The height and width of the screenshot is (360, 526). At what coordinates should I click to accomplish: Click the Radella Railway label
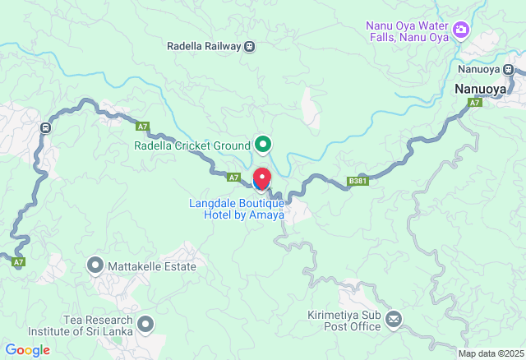pyautogui.click(x=204, y=47)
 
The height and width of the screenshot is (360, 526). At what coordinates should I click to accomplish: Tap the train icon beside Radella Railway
pyautogui.click(x=249, y=47)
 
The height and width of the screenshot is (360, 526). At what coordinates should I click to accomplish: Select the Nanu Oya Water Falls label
pyautogui.click(x=408, y=30)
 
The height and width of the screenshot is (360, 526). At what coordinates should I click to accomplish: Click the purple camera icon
pyautogui.click(x=461, y=30)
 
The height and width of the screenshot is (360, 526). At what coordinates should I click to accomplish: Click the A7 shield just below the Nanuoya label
pyautogui.click(x=475, y=103)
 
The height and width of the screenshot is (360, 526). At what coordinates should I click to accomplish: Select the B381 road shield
pyautogui.click(x=357, y=181)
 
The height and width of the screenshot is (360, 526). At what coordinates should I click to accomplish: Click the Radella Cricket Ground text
pyautogui.click(x=192, y=145)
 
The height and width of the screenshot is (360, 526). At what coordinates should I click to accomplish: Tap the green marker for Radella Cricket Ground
pyautogui.click(x=263, y=145)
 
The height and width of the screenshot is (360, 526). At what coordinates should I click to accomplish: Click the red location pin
pyautogui.click(x=262, y=178)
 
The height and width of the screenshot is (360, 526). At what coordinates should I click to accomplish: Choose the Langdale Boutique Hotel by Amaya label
pyautogui.click(x=244, y=209)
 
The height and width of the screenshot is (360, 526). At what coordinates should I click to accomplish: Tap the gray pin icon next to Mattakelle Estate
pyautogui.click(x=95, y=265)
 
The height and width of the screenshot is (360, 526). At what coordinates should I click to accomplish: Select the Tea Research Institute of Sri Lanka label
pyautogui.click(x=97, y=325)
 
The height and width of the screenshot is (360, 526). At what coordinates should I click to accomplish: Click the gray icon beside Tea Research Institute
pyautogui.click(x=146, y=325)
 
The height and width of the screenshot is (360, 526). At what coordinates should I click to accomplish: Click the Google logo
pyautogui.click(x=27, y=350)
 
